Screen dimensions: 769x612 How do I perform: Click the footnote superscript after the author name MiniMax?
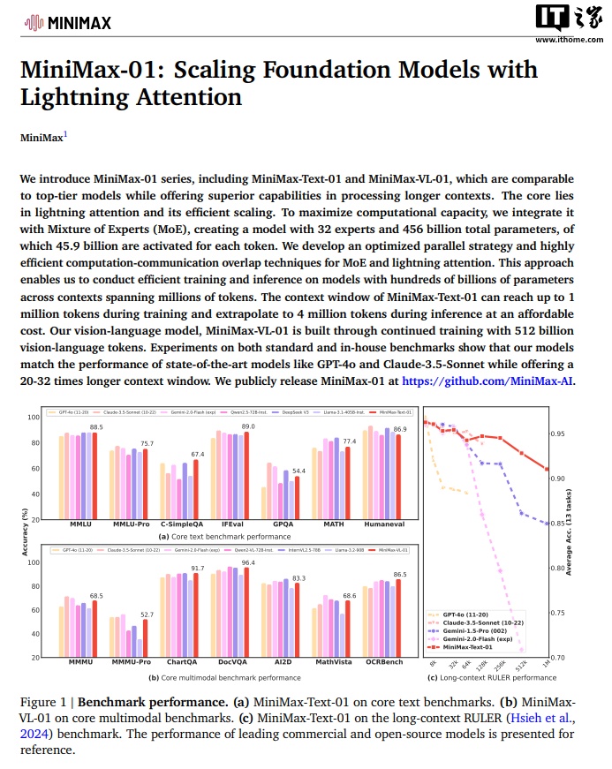[64, 134]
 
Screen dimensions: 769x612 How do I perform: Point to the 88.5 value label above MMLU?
[97, 427]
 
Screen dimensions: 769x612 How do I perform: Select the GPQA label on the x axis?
[283, 524]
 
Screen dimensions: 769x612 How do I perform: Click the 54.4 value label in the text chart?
[298, 471]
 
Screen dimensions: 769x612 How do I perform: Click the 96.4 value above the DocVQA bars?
[248, 562]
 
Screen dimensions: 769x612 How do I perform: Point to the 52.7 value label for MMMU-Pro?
[146, 614]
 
